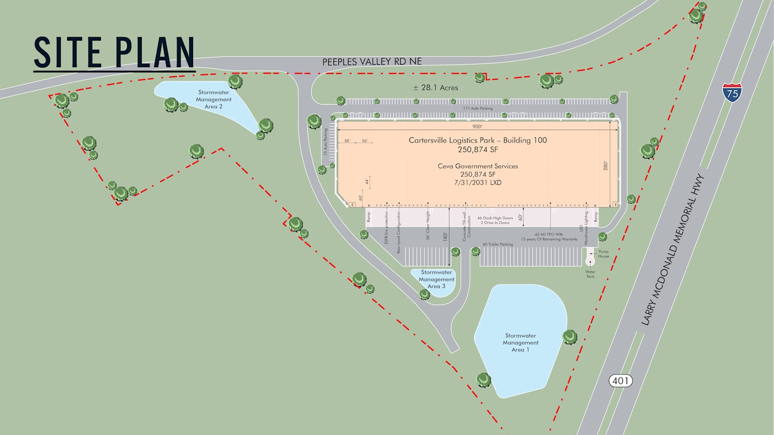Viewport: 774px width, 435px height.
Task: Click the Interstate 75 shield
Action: click(732, 92)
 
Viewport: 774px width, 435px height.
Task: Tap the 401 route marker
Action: click(620, 381)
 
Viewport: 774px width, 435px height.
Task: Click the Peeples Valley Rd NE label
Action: click(372, 62)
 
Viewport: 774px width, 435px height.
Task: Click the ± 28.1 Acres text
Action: click(435, 88)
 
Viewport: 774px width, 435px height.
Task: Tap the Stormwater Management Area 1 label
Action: click(521, 343)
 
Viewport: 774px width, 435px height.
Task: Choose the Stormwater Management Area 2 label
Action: click(214, 99)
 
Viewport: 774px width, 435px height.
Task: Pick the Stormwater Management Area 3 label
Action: click(436, 279)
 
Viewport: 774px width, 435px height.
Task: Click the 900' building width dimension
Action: click(477, 127)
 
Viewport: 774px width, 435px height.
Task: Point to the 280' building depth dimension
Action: click(606, 166)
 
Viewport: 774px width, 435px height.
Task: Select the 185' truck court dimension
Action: click(445, 236)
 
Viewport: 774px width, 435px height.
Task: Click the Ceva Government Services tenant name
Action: click(478, 166)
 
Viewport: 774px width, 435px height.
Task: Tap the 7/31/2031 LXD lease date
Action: click(478, 183)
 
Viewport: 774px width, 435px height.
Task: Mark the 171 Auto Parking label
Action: click(478, 108)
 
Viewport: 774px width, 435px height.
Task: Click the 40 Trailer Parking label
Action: click(497, 244)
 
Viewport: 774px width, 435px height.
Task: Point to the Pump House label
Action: click(603, 254)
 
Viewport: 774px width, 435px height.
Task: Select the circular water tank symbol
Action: click(590, 261)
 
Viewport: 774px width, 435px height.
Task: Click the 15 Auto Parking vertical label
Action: click(325, 142)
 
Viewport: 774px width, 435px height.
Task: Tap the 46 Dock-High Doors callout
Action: click(495, 218)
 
